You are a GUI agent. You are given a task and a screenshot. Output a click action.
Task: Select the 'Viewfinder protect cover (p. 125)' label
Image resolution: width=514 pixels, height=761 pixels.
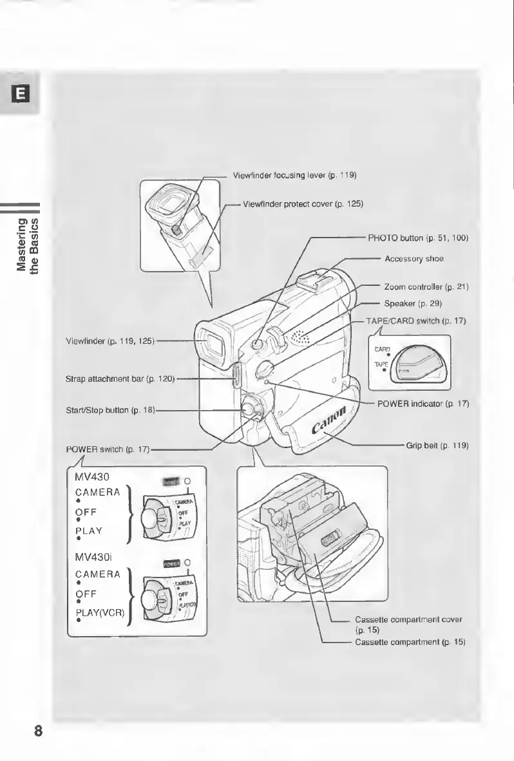(303, 204)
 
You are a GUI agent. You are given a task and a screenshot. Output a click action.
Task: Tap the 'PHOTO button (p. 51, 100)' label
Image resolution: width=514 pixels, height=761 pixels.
(417, 238)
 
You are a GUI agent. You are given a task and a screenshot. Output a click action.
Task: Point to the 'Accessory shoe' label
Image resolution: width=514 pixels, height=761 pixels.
(414, 258)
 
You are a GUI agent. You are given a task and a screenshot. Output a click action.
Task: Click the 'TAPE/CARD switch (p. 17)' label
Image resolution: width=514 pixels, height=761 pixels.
(415, 320)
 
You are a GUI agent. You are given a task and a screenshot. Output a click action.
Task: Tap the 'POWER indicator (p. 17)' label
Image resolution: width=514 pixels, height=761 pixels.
(423, 404)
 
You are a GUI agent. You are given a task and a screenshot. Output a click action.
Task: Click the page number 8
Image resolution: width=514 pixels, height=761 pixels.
(38, 731)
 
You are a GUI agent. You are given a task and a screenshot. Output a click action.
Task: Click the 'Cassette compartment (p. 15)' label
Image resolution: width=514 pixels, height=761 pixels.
(410, 643)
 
